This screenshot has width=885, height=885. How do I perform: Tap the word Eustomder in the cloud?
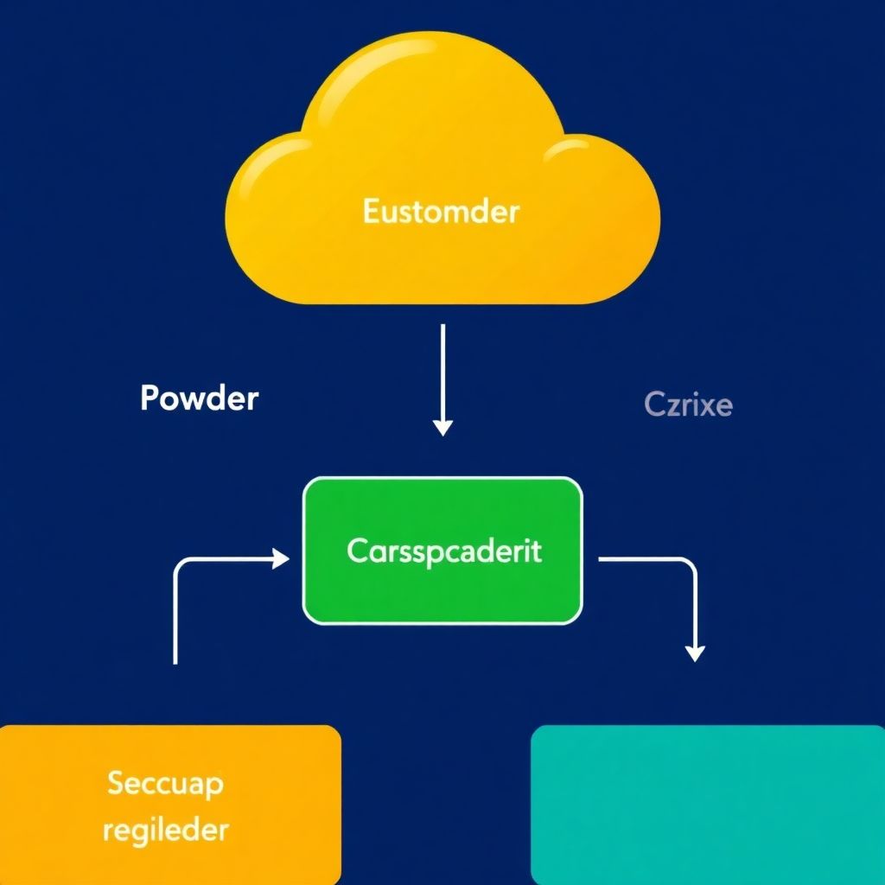tap(441, 211)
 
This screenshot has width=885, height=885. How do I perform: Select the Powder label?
tap(199, 398)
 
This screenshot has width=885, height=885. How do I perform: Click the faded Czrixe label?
tap(688, 404)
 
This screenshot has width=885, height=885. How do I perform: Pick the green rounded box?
tap(442, 596)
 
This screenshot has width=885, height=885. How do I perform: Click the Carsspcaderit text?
tap(443, 551)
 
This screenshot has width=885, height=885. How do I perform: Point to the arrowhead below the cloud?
tap(442, 426)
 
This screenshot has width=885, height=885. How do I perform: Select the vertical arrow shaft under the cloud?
tap(442, 372)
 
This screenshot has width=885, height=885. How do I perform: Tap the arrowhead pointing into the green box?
tap(281, 559)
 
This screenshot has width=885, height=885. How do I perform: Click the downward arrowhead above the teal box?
tap(695, 653)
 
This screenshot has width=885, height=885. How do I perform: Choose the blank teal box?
tap(707, 804)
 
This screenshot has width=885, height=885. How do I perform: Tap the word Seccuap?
tap(165, 783)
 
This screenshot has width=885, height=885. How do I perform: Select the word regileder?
tap(165, 831)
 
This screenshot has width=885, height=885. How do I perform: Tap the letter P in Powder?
tap(150, 398)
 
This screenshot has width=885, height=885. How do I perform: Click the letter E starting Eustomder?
tap(371, 211)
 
